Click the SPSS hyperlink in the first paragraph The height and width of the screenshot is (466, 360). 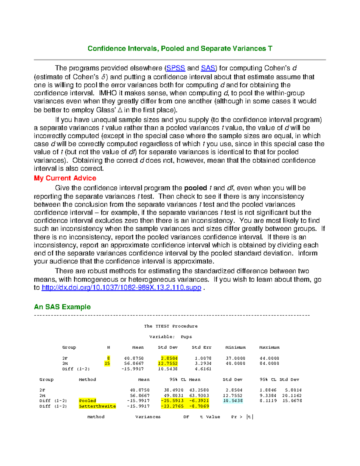click(175, 68)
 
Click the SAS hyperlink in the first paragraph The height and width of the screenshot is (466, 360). click(208, 68)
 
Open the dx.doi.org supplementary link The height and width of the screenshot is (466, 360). click(121, 287)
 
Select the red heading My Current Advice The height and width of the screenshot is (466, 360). click(65, 178)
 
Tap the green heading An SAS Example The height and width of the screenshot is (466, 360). click(62, 307)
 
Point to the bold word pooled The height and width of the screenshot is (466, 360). click(195, 188)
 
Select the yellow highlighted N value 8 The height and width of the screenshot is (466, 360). click(109, 358)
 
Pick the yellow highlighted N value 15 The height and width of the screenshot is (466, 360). click(107, 363)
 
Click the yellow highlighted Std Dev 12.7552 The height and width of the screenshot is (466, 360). click(168, 363)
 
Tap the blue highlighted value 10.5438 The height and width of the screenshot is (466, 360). click(233, 401)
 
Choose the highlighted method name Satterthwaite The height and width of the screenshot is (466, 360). click(97, 406)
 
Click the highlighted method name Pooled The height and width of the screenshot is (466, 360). click(88, 401)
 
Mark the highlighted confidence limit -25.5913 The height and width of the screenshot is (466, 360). click(172, 401)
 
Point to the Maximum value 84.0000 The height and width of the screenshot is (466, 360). click(269, 363)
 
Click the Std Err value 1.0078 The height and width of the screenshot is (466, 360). click(203, 358)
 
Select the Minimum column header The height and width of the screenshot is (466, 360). click(235, 347)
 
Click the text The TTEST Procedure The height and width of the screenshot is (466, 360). click(171, 326)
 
